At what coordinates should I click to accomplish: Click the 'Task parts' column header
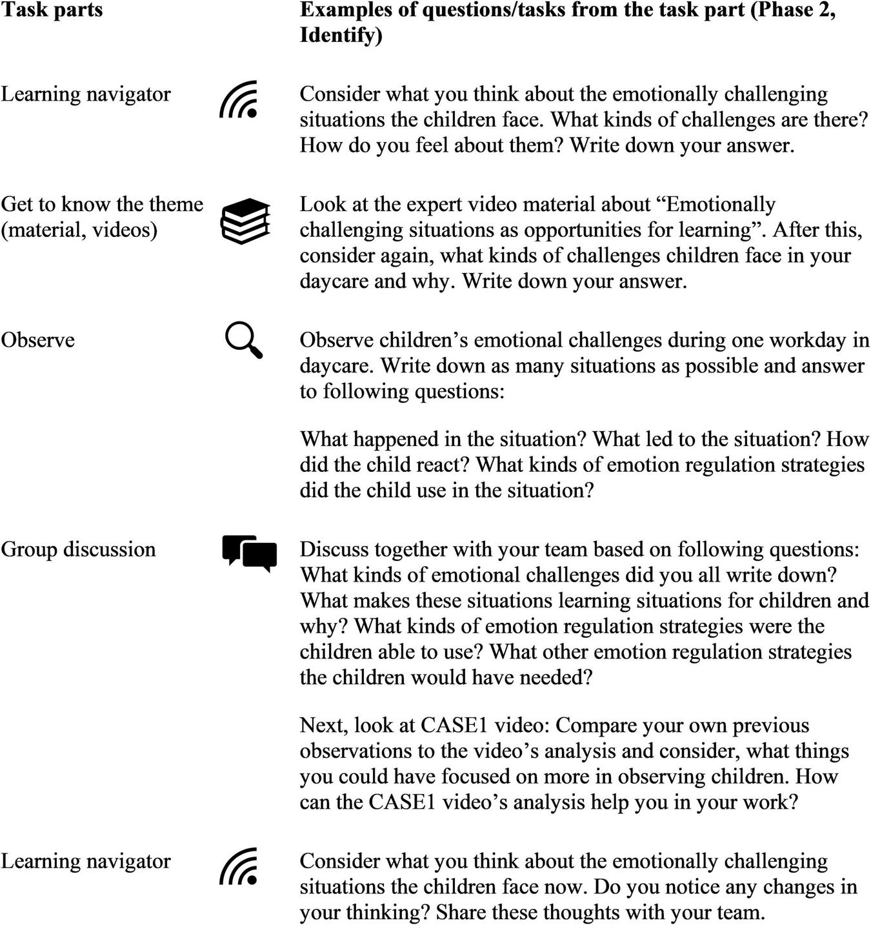pyautogui.click(x=52, y=10)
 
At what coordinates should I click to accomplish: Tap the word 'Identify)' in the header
pyautogui.click(x=341, y=36)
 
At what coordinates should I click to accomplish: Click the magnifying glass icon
pyautogui.click(x=244, y=340)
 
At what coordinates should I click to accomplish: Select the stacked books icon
pyautogui.click(x=245, y=221)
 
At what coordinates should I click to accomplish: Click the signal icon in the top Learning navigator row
pyautogui.click(x=239, y=99)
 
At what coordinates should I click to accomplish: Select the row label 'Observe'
pyautogui.click(x=37, y=340)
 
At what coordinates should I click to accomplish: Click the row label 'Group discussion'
pyautogui.click(x=78, y=549)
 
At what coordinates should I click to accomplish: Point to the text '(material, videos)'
pyautogui.click(x=79, y=230)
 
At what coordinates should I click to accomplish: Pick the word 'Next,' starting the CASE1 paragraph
pyautogui.click(x=324, y=726)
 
